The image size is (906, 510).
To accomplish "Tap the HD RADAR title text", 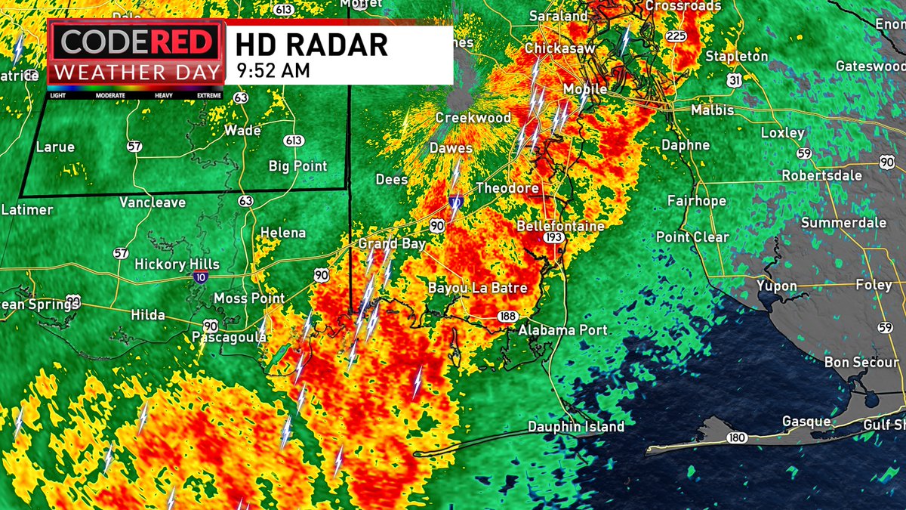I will tap(311, 45).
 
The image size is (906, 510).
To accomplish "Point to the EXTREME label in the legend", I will tap(209, 96).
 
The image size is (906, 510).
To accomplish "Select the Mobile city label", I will tap(585, 89).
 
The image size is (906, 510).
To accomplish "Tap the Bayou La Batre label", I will tap(477, 288).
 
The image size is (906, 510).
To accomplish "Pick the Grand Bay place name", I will tap(392, 244).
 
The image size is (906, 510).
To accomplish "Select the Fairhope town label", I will tap(696, 201).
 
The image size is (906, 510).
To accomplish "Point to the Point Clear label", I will tap(692, 237).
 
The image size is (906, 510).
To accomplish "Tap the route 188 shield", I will tap(507, 316).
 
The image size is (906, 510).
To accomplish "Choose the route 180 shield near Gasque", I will tap(738, 438).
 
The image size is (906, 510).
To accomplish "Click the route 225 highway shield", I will tap(675, 36).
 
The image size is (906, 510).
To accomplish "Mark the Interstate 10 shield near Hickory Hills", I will tap(196, 279).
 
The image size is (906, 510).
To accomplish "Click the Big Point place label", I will tap(298, 166).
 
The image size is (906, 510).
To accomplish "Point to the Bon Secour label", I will tap(861, 363).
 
